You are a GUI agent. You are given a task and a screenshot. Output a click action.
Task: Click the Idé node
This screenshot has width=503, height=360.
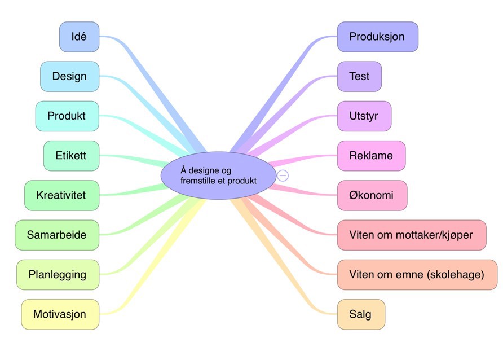80,37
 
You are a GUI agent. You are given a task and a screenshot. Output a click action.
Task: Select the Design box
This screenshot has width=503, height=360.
69,76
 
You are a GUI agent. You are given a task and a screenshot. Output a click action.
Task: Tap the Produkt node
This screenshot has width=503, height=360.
67,116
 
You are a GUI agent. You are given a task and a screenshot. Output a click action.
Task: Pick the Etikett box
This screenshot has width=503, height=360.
71,155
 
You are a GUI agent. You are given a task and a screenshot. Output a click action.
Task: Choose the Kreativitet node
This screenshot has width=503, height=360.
61,195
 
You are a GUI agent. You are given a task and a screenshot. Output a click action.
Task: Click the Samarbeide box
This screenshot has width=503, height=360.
57,235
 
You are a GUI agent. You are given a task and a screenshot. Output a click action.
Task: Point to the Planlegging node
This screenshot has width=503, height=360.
58,275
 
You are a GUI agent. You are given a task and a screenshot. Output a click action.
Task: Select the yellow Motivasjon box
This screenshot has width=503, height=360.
60,314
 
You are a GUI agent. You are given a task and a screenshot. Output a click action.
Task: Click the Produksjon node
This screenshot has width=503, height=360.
377,37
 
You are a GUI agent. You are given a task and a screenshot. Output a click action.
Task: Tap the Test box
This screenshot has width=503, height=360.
359,76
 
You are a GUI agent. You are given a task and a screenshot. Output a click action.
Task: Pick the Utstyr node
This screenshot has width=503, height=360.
364,116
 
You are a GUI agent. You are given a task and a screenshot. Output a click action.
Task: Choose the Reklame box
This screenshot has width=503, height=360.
371,155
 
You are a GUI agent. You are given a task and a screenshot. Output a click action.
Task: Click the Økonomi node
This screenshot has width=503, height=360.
372,195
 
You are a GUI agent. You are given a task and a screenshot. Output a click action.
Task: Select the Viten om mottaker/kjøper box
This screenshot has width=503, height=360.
411,235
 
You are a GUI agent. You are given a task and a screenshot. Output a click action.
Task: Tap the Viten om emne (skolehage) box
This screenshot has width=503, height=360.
417,275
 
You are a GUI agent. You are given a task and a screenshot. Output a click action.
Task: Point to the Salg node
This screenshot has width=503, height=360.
361,314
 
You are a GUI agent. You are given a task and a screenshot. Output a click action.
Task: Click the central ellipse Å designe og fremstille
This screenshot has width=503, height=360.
218,175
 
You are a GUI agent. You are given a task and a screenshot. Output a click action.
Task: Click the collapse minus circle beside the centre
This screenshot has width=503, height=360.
283,175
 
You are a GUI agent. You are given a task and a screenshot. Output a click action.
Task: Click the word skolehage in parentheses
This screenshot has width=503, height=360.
457,275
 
